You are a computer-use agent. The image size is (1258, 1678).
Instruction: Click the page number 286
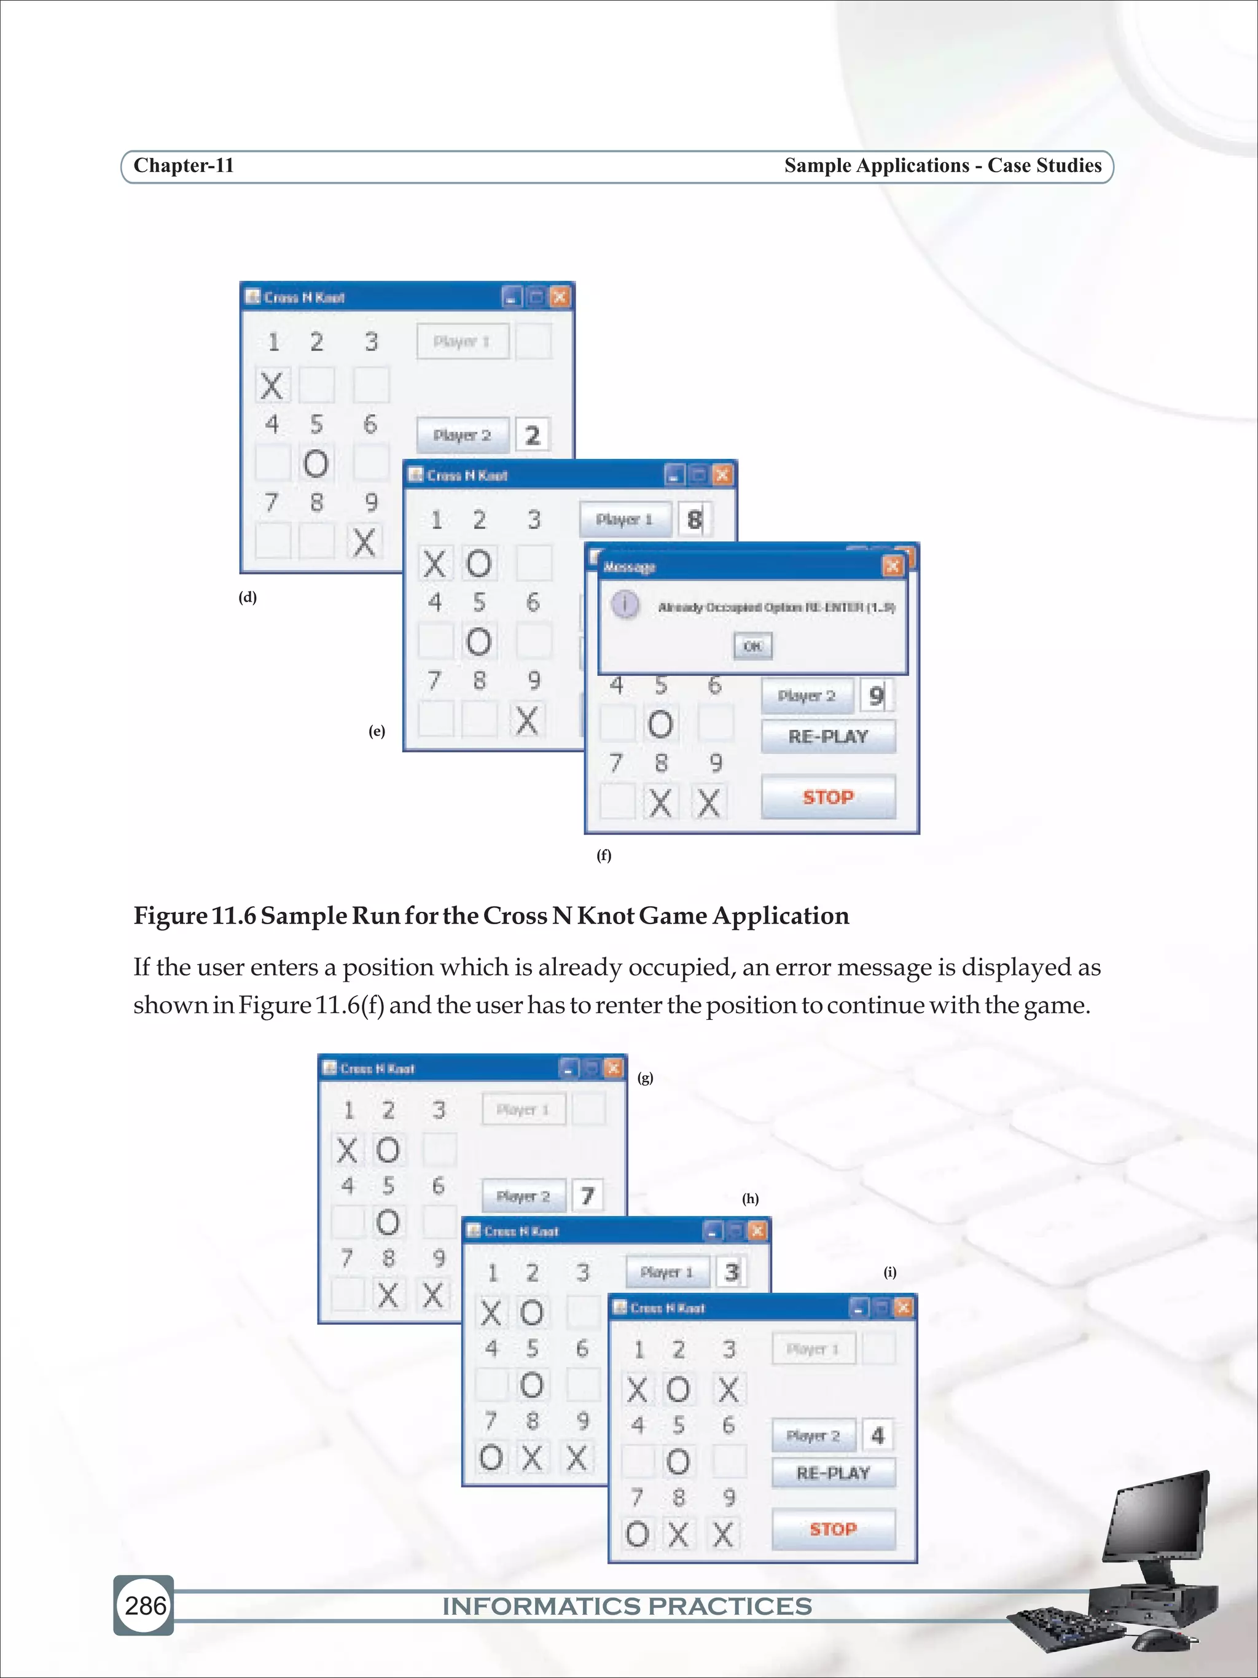[145, 1605]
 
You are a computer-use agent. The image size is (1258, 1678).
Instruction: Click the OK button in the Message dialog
[752, 646]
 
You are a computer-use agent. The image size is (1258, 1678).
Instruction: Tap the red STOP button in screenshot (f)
[828, 796]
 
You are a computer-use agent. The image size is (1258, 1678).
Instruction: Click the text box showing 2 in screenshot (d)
[533, 434]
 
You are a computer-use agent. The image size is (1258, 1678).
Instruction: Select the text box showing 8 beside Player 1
[694, 520]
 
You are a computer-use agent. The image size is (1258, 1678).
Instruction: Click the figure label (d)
[247, 597]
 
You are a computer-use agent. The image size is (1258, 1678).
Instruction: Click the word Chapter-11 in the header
[184, 165]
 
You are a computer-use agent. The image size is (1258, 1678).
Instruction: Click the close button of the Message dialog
[893, 566]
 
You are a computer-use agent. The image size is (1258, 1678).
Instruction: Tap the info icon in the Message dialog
[625, 605]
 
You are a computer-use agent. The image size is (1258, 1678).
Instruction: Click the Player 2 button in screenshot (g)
[523, 1196]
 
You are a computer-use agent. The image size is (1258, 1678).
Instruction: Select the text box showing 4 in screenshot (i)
[877, 1435]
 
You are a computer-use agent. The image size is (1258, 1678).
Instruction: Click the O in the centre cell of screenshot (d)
[316, 463]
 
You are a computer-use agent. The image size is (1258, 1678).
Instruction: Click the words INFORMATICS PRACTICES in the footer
[627, 1606]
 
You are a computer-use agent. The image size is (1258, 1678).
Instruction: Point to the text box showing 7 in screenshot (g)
[587, 1196]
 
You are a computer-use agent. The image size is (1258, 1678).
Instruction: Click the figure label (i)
[889, 1272]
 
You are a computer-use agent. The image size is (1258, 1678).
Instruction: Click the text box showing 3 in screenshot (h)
[731, 1272]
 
